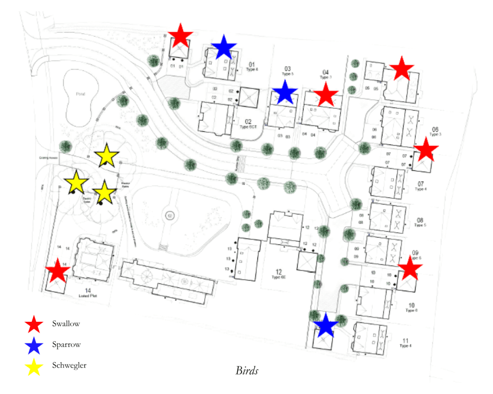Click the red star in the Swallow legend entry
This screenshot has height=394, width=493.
[x=34, y=324]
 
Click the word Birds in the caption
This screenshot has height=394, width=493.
[x=247, y=370]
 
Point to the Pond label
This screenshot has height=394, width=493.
[x=80, y=94]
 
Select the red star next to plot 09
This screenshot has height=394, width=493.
[x=410, y=268]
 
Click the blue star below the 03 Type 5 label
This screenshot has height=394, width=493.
[x=285, y=92]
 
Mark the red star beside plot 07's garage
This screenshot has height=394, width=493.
[x=426, y=150]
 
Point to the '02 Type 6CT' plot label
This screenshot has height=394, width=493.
[x=248, y=124]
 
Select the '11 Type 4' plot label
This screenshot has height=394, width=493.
[x=405, y=343]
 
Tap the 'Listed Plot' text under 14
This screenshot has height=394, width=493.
[x=88, y=297]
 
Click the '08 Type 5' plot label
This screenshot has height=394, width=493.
[x=420, y=222]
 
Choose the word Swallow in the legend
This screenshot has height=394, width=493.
[x=66, y=324]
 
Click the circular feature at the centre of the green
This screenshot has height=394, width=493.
[x=170, y=216]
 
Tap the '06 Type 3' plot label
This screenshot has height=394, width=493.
[x=435, y=131]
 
